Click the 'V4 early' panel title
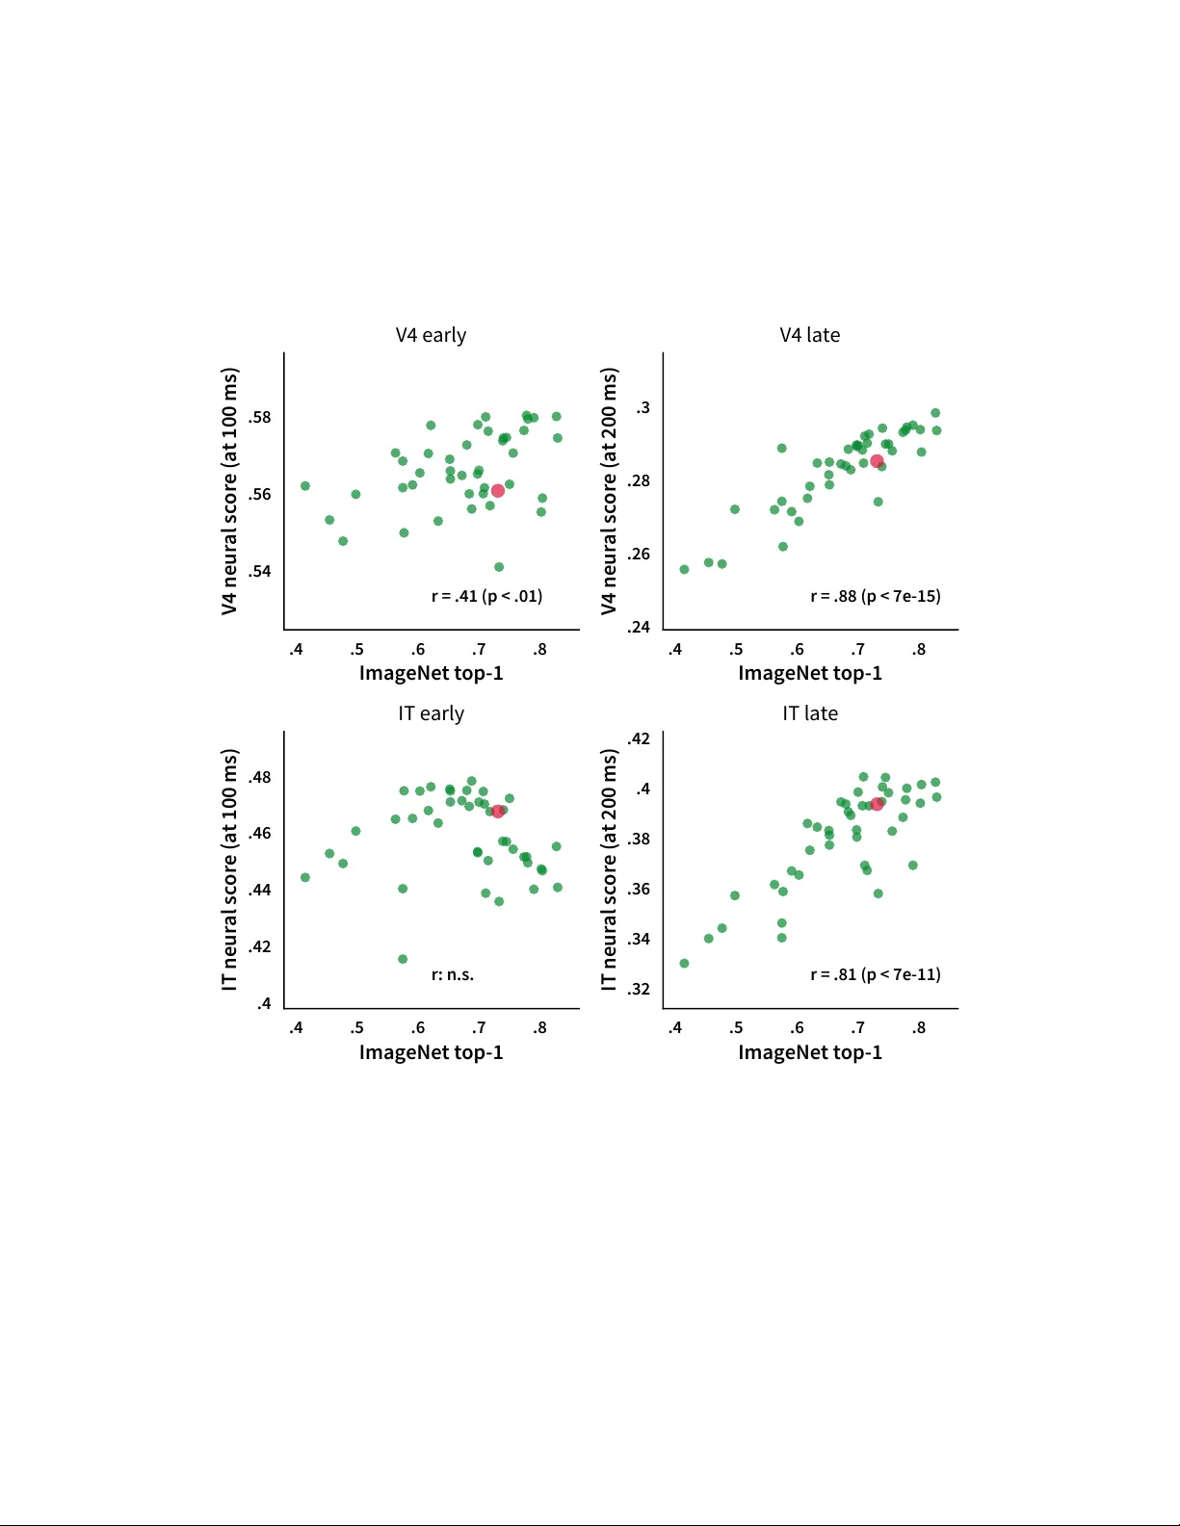pyautogui.click(x=431, y=335)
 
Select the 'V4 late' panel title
pyautogui.click(x=809, y=335)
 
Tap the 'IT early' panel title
pyautogui.click(x=431, y=713)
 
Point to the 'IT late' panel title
pyautogui.click(x=809, y=713)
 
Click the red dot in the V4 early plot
pyautogui.click(x=498, y=491)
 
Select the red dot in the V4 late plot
pyautogui.click(x=877, y=461)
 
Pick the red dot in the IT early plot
pyautogui.click(x=498, y=812)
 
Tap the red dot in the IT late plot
pyautogui.click(x=877, y=804)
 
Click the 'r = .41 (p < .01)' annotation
pyautogui.click(x=486, y=596)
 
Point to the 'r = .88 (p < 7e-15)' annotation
pyautogui.click(x=875, y=596)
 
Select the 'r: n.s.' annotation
pyautogui.click(x=453, y=974)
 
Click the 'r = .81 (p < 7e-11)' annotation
pyautogui.click(x=875, y=974)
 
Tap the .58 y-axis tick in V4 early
pyautogui.click(x=259, y=417)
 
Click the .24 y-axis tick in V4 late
pyautogui.click(x=639, y=627)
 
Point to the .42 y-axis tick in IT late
pyautogui.click(x=639, y=738)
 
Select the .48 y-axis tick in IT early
pyautogui.click(x=259, y=777)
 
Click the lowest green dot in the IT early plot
pyautogui.click(x=403, y=959)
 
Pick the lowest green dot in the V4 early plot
pyautogui.click(x=499, y=567)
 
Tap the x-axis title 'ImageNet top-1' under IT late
pyautogui.click(x=809, y=1052)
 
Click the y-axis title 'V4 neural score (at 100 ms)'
pyautogui.click(x=229, y=491)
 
